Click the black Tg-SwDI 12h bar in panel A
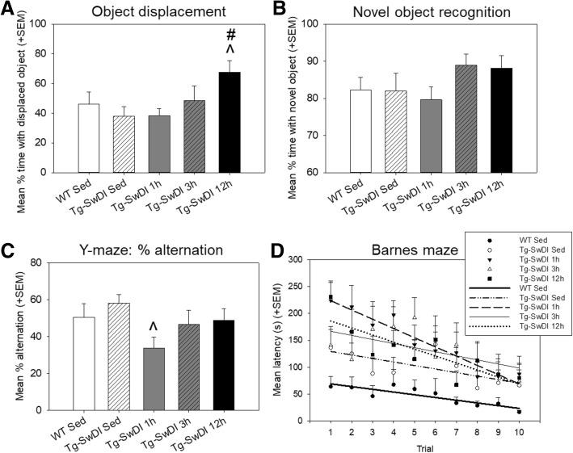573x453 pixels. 234,122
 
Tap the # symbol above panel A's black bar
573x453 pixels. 234,35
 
